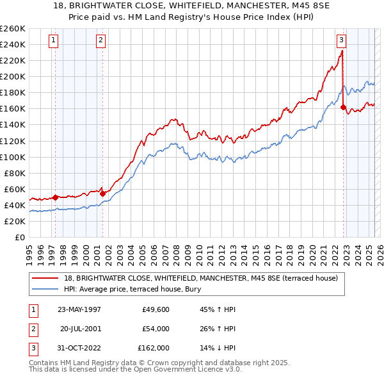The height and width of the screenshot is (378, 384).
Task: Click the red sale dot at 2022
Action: point(344,108)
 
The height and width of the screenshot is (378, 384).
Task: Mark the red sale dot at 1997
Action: point(56,197)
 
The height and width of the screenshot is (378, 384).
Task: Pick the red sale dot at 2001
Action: point(102,193)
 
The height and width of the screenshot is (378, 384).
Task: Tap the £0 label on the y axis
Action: point(19,237)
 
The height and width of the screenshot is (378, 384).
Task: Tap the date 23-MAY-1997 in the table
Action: point(79,309)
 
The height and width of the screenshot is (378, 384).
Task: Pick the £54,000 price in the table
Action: point(156,329)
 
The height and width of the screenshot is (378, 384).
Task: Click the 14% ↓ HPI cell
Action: point(218,348)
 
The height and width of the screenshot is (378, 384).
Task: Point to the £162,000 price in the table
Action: point(154,348)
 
